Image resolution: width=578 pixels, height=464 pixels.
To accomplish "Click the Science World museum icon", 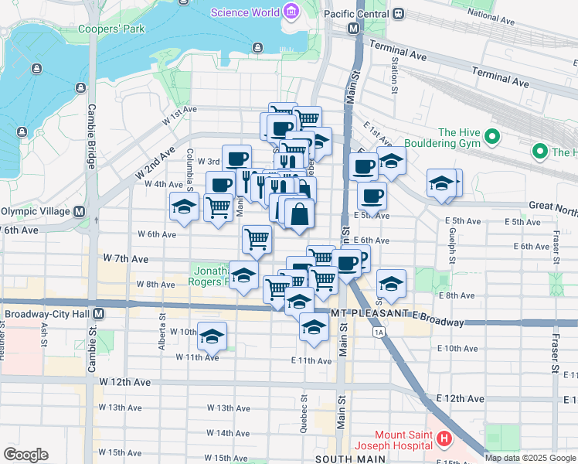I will click(291, 12).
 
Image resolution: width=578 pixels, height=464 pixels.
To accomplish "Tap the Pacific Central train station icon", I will click(398, 13).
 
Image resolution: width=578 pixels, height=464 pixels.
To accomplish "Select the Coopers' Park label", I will click(111, 29).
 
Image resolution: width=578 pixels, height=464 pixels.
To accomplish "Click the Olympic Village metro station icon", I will click(79, 211).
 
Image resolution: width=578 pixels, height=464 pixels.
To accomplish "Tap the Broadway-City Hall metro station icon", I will click(99, 315).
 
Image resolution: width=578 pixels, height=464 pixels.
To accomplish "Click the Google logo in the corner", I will click(25, 454).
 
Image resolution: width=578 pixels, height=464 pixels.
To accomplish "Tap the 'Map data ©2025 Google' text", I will click(530, 458).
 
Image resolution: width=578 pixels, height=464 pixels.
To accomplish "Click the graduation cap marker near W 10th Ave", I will click(212, 336).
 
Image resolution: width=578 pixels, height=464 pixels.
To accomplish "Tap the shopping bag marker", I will click(299, 213).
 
